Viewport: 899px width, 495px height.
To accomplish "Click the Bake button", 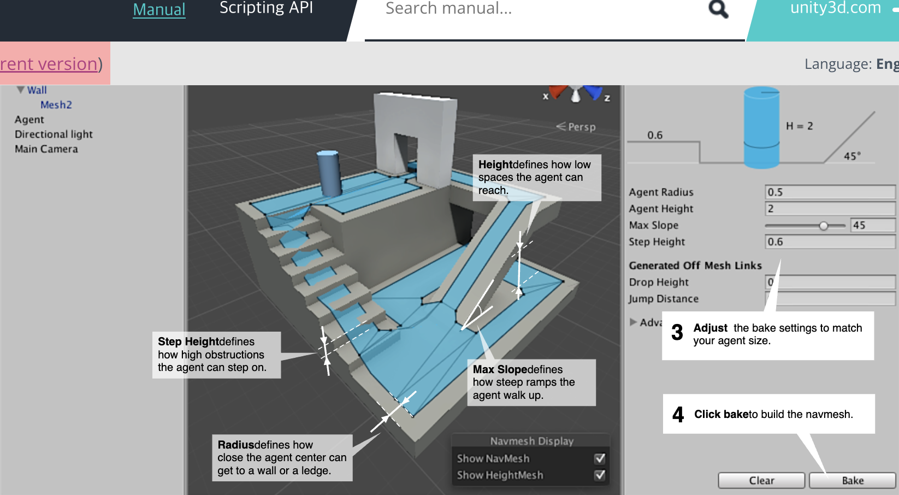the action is (x=853, y=480).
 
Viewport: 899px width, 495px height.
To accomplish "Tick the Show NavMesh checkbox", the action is (x=600, y=458).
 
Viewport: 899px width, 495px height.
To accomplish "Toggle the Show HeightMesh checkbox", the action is (x=600, y=475).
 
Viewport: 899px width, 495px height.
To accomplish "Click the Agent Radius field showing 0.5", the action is (x=830, y=192).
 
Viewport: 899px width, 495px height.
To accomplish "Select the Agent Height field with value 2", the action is (x=830, y=208).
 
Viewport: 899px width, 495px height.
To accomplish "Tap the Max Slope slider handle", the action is (x=824, y=226).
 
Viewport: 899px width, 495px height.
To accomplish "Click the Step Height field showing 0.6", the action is (x=830, y=241).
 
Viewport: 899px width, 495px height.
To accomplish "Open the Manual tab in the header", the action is (x=159, y=9).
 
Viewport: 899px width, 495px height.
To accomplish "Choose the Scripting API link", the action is (x=266, y=8).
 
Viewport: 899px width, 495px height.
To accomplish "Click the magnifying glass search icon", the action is (x=718, y=9).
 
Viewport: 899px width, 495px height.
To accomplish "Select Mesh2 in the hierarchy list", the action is (x=56, y=105).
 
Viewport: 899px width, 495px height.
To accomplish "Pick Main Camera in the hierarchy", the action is (x=46, y=149).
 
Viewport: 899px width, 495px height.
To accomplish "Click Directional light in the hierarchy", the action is (x=54, y=134).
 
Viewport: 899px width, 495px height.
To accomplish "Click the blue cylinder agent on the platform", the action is (x=329, y=173).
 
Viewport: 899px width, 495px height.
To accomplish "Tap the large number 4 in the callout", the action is (x=678, y=414).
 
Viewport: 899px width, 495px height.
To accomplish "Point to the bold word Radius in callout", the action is (x=236, y=445).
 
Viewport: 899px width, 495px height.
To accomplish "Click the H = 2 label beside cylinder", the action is (x=800, y=126).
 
